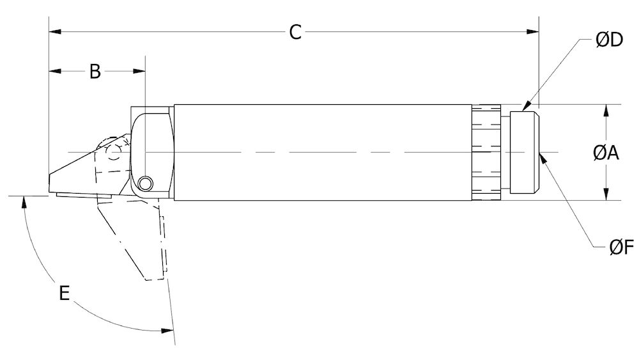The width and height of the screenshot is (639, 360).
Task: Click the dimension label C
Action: coord(295,32)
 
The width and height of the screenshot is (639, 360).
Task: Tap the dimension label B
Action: coord(95,72)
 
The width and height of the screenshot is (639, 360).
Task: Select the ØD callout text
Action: coord(609,40)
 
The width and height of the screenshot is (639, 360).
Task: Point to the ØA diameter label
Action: coord(606,153)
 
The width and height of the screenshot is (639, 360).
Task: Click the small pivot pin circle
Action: coord(146,184)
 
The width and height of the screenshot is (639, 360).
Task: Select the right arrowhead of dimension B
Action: coord(141,70)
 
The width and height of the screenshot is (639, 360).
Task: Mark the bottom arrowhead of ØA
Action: coord(606,196)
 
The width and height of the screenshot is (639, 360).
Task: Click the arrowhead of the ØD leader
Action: coord(526,107)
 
